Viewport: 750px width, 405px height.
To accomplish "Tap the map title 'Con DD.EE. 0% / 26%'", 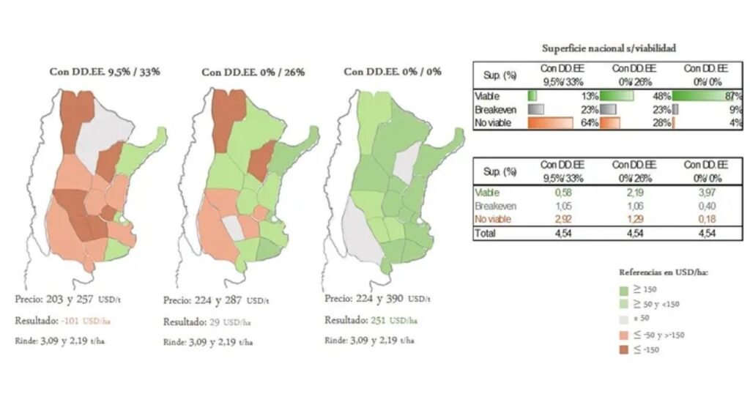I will click(253, 72).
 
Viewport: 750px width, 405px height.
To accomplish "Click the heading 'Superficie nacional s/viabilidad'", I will click(609, 48).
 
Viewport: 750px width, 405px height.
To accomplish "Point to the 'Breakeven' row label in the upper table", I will click(494, 109).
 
